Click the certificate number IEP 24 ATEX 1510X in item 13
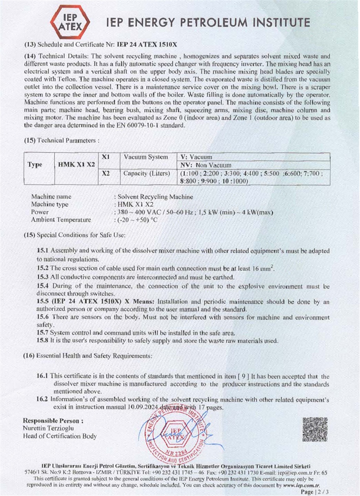147,44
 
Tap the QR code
315,429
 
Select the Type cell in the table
35,164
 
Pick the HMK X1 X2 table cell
76,164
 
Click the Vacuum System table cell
146,157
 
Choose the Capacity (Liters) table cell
146,173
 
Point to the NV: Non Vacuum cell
206,165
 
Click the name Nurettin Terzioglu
48,428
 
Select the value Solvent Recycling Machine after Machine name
155,197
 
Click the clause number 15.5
42,302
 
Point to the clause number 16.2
42,399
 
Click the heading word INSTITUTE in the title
281,23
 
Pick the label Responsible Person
53,421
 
